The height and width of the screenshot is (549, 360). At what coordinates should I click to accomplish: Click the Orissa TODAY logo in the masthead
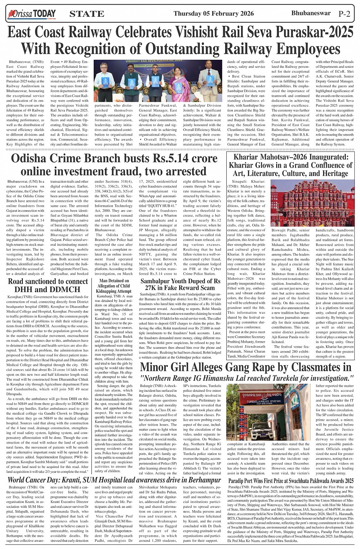(x=32, y=14)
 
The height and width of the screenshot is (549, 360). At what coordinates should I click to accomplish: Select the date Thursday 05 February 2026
(x=213, y=14)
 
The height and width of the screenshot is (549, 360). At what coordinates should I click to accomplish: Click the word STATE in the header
(x=87, y=14)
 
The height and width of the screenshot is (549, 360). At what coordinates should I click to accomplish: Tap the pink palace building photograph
(x=313, y=202)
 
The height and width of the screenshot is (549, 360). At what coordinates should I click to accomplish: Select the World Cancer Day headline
(x=109, y=480)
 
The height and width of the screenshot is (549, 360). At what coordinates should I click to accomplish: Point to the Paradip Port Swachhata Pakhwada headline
(x=291, y=480)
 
